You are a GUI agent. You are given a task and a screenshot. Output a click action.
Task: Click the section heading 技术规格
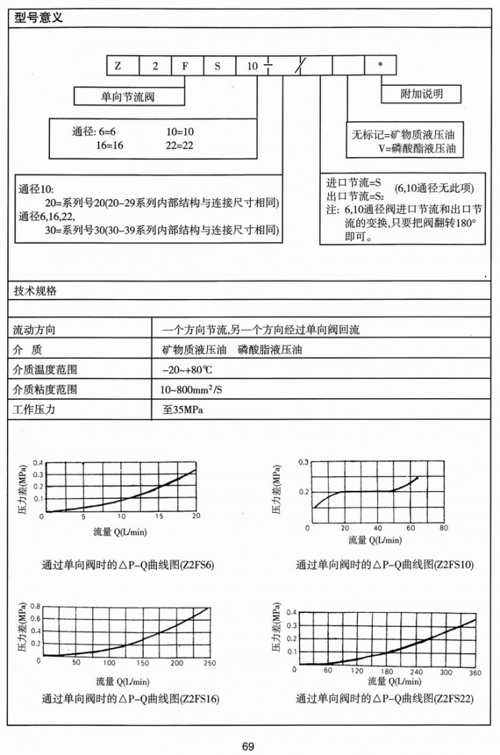[x=36, y=291]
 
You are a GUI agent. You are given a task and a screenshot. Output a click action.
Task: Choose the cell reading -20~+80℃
[x=187, y=370]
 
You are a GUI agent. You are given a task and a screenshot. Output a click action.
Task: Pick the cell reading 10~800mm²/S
[x=191, y=390]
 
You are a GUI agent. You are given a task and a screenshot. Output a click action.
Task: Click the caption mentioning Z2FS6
[x=128, y=565]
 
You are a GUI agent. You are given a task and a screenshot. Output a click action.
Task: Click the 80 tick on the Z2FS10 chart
[x=443, y=528]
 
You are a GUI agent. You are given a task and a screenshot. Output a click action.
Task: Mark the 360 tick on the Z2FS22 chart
[x=475, y=673]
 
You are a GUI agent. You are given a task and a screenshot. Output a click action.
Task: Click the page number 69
[x=248, y=746]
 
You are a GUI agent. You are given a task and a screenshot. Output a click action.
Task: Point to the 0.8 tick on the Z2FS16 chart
[x=34, y=606]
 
